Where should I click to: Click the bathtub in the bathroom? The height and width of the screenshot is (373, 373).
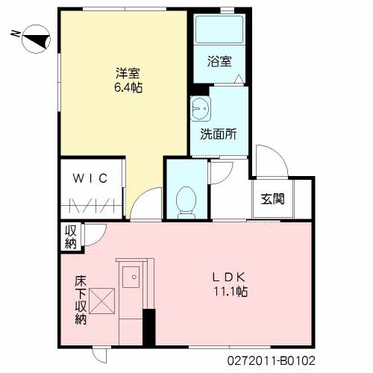[217, 31]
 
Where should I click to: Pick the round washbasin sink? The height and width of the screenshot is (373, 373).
[199, 110]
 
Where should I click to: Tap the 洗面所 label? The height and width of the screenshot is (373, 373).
[218, 135]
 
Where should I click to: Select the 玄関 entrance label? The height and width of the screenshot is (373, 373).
[272, 199]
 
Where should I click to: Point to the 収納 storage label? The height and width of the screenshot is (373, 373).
[69, 237]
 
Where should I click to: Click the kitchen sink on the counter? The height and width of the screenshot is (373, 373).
[131, 278]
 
